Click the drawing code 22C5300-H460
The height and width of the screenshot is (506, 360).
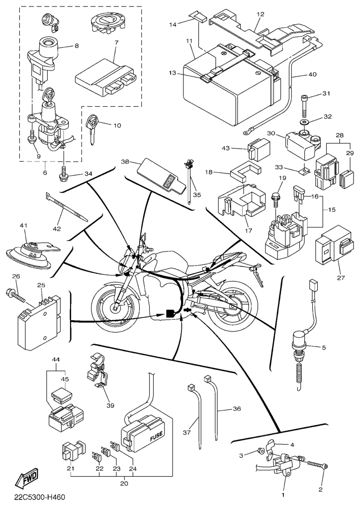pos(40,497)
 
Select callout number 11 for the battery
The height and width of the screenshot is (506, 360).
pos(189,40)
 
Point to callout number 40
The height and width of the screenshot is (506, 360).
pos(312,75)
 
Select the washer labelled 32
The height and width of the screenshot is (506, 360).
pos(303,121)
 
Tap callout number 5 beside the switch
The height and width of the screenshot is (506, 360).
pos(323,347)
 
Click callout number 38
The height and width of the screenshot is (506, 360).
pos(125,162)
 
